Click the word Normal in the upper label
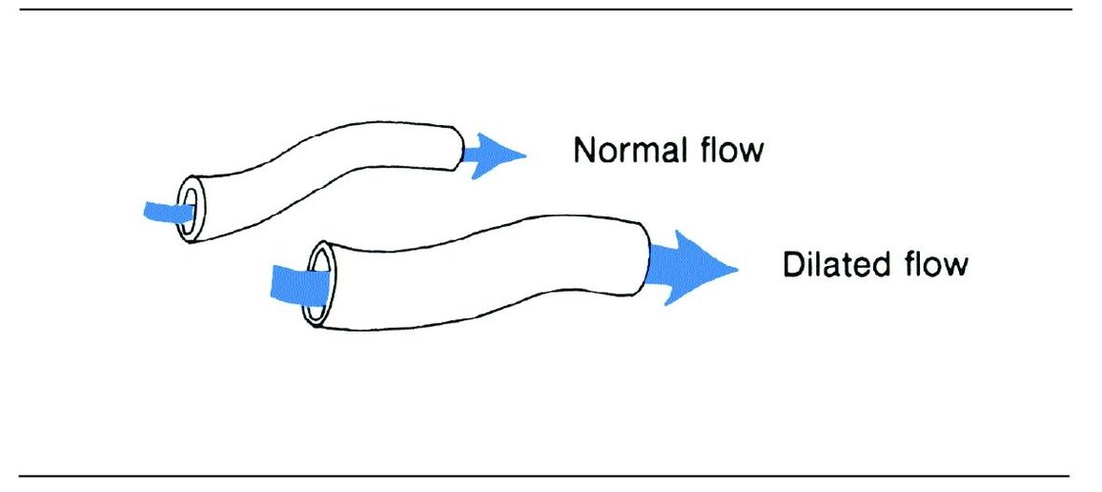pos(630,150)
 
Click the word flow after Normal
pos(731,150)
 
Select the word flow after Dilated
pos(934,264)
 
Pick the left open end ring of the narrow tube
pos(189,207)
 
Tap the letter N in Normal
pos(583,150)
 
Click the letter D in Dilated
pos(792,264)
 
